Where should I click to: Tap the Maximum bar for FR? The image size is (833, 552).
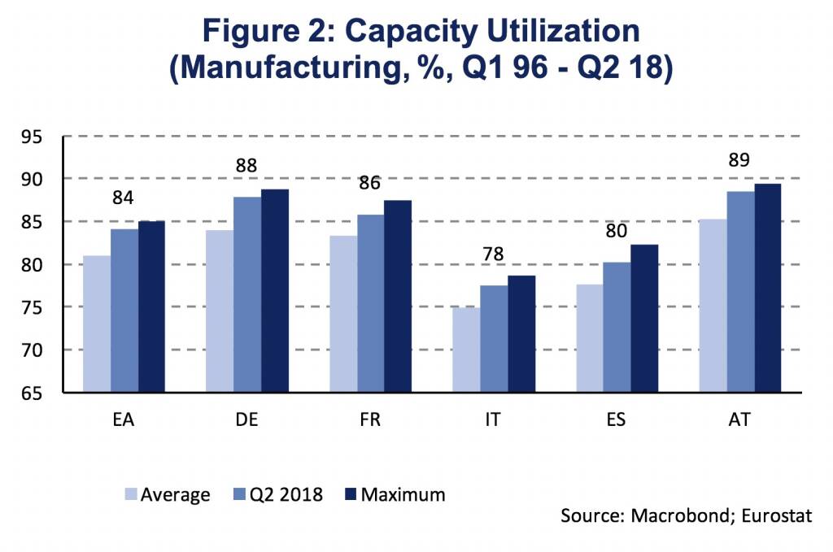coord(398,296)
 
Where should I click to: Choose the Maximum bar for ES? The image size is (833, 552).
coord(644,318)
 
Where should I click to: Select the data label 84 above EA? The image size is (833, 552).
coord(124,198)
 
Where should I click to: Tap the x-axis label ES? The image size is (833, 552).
coord(617,420)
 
